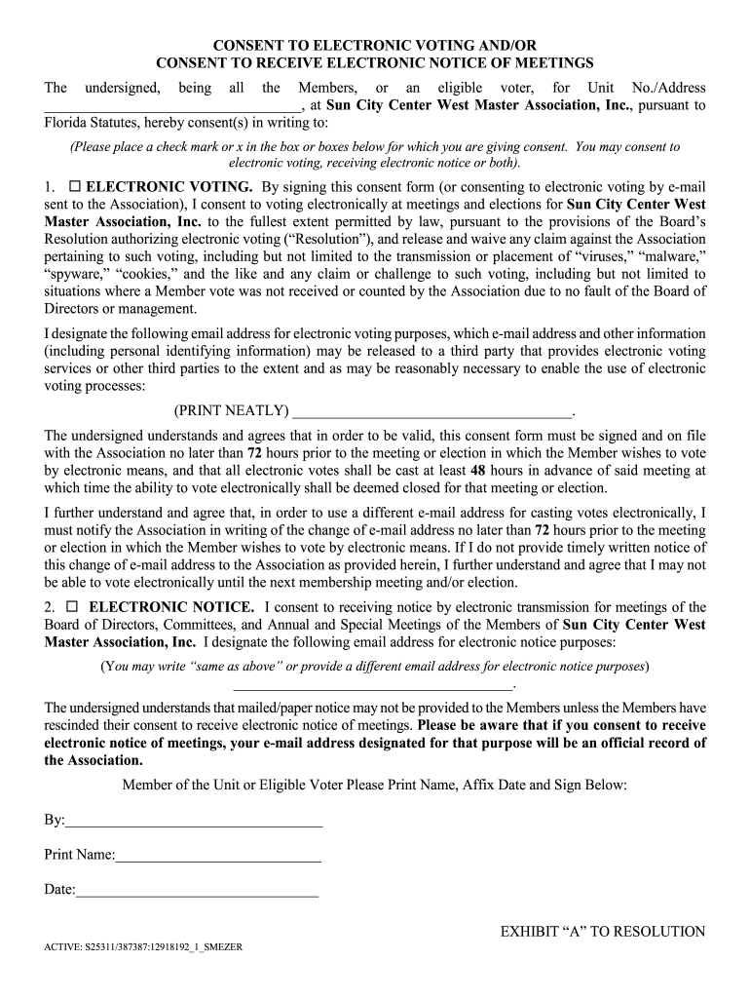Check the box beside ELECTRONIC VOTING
point(74,186)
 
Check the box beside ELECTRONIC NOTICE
point(75,607)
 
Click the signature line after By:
point(194,825)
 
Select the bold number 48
point(478,470)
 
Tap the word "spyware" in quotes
point(76,274)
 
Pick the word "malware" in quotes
point(671,256)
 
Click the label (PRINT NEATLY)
point(231,410)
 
